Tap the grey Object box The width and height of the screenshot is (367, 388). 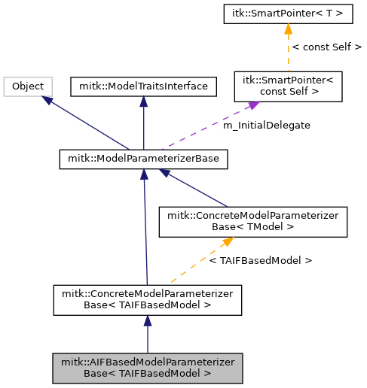[28, 86]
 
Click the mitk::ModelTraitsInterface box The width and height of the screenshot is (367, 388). [143, 86]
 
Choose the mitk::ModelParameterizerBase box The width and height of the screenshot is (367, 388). [143, 159]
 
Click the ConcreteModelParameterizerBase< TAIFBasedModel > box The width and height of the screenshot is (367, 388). [148, 299]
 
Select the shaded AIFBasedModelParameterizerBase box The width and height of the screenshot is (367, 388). [148, 367]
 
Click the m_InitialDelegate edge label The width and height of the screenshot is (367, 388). [266, 126]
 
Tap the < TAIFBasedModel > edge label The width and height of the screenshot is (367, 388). [260, 260]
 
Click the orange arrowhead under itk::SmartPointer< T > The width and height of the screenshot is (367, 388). [287, 29]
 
